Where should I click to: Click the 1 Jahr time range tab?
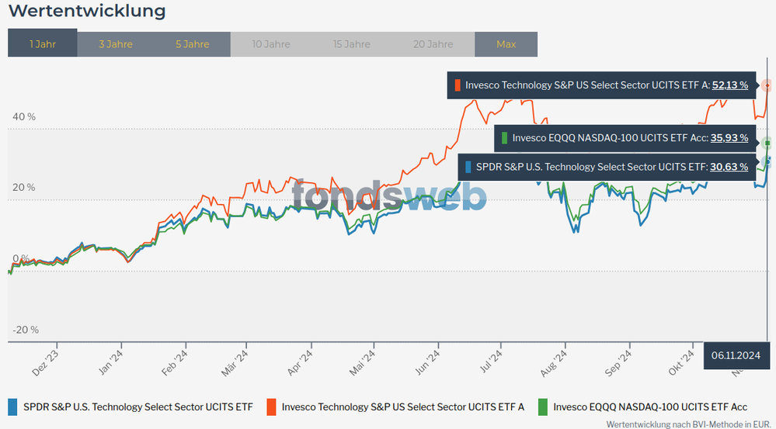pos(42,44)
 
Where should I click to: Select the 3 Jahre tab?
pos(116,44)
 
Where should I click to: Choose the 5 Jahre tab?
pos(192,44)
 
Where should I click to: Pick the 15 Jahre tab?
pos(351,44)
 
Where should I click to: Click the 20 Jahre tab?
pos(433,44)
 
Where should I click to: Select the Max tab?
pos(506,44)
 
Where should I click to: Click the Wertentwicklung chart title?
pos(87,12)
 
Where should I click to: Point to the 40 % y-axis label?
pos(24,116)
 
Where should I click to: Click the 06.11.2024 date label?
pos(735,355)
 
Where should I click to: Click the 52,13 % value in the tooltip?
pos(729,85)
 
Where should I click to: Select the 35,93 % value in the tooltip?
pos(729,138)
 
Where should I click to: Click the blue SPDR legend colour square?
pos(12,407)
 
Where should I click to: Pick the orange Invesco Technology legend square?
pos(271,407)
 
